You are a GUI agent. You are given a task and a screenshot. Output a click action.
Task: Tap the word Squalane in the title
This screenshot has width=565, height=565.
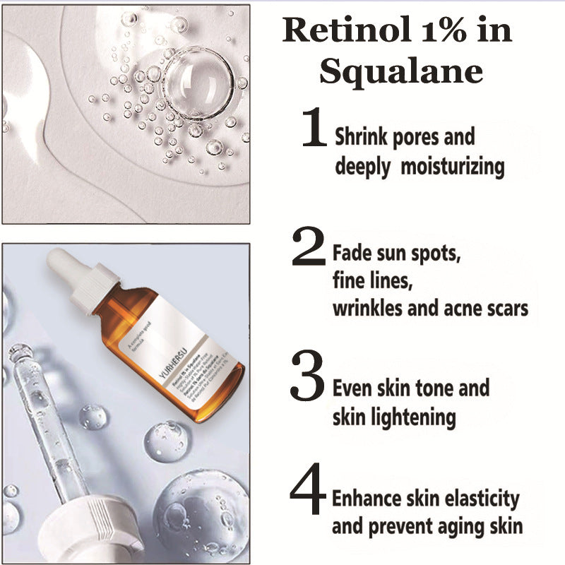pos(401,71)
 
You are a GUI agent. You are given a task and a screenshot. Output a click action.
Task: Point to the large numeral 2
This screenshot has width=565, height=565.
pos(309,247)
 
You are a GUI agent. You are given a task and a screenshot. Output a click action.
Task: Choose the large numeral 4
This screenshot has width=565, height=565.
pos(309,490)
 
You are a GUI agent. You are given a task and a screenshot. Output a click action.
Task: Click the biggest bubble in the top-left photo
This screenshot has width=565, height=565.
pos(197,82)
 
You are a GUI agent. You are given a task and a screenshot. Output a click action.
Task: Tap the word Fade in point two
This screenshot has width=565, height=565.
pos(351,251)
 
